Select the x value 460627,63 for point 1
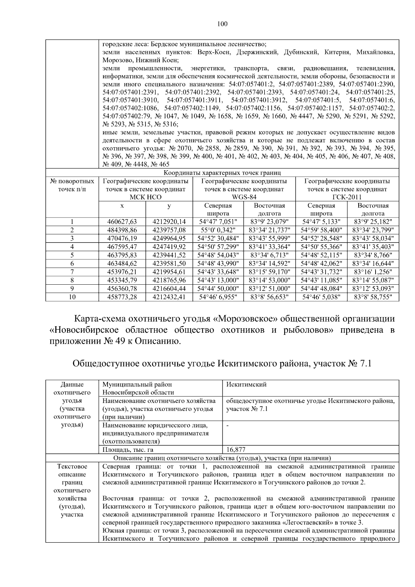point(122,222)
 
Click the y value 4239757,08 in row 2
point(169,230)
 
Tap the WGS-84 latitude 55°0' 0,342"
point(218,230)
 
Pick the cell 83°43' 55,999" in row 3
point(269,238)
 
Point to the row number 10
point(72,297)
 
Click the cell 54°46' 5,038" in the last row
point(321,297)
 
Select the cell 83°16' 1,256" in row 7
point(373,272)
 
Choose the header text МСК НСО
point(146,197)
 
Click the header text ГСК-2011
point(347,197)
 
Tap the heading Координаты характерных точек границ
point(222,173)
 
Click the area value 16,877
point(236,450)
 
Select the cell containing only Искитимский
point(246,384)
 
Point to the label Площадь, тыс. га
point(128,450)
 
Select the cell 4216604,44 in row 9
point(169,288)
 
